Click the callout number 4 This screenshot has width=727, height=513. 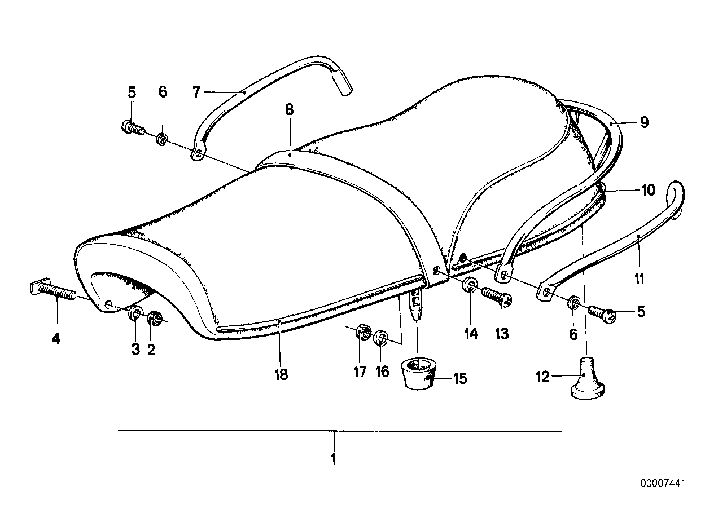pos(55,339)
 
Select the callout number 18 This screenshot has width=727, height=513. pos(281,374)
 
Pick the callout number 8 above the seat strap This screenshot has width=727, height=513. pos(289,109)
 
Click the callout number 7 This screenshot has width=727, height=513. pos(196,91)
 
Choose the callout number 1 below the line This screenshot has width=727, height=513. pos(334,459)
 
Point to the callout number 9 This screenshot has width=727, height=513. pos(645,122)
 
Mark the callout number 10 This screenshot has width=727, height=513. pos(648,191)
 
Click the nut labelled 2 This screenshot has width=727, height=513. pos(153,319)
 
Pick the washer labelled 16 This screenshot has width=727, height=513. pos(381,339)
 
